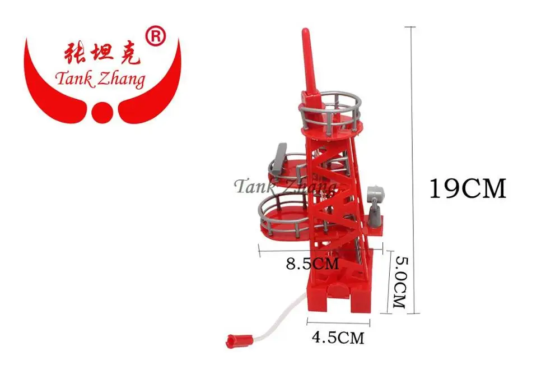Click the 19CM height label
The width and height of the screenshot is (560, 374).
[468, 188]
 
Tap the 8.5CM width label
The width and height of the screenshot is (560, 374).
[312, 263]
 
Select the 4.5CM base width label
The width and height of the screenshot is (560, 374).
[338, 338]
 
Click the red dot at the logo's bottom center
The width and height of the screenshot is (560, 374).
[103, 112]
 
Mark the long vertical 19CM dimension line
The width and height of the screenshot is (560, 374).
[413, 168]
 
